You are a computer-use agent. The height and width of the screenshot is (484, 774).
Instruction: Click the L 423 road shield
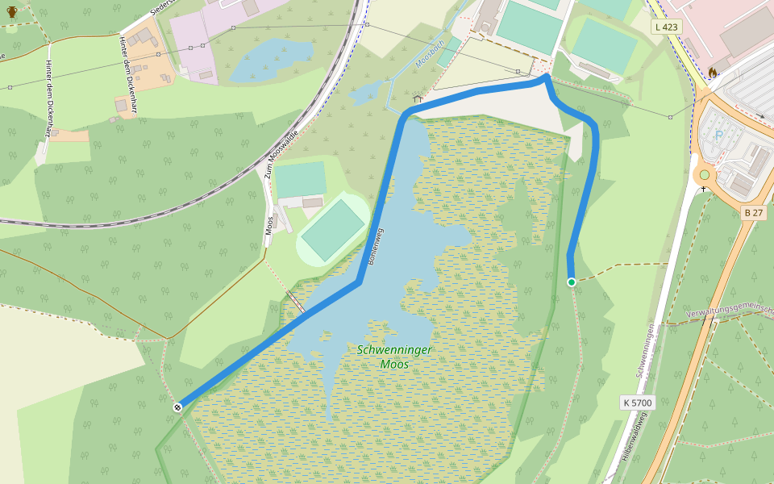(x=667, y=27)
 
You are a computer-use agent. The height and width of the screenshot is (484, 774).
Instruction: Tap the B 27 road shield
(x=753, y=212)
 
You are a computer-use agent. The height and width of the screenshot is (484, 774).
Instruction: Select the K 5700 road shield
(x=637, y=402)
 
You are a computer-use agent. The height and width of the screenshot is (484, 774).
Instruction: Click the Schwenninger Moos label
(x=394, y=357)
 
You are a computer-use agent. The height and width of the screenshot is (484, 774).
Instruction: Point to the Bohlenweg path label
(x=376, y=247)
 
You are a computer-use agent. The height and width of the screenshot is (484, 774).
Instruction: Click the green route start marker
(x=572, y=282)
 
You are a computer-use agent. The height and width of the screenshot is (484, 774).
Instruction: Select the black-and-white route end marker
(x=177, y=407)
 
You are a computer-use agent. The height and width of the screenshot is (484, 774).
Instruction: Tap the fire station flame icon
(x=713, y=73)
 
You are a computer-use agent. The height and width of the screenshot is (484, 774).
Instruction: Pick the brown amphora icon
(x=11, y=12)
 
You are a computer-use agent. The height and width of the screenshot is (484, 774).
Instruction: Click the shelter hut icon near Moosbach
(x=418, y=98)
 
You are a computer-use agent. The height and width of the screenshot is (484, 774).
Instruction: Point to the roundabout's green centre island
(x=705, y=174)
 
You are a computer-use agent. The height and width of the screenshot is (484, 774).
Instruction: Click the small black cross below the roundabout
(x=704, y=189)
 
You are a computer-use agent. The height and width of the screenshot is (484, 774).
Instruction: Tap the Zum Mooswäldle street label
(x=282, y=155)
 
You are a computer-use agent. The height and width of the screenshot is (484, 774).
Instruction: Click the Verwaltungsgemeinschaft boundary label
(x=729, y=311)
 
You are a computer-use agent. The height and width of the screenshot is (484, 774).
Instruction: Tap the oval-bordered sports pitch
(x=333, y=230)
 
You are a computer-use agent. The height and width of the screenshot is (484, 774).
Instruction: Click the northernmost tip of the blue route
(x=547, y=77)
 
